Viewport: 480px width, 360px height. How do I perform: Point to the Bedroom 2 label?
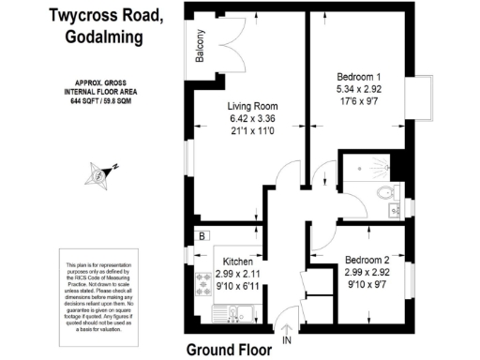point(367,259)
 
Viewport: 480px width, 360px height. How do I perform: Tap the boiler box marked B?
point(201,234)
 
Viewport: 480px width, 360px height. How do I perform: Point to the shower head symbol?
point(386,166)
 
